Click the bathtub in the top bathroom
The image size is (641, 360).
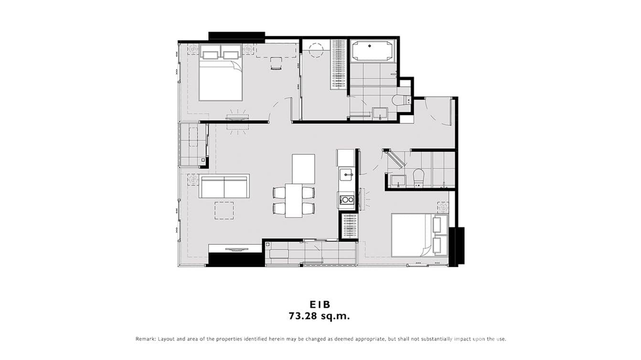(373, 51)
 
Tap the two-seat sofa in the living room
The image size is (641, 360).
(224, 187)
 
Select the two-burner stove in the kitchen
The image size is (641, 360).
(346, 200)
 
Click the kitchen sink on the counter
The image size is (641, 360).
(346, 175)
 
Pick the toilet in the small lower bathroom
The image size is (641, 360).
(418, 177)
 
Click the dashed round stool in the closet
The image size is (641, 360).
(316, 50)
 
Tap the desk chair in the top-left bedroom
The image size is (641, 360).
(276, 64)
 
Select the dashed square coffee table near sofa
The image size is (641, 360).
(224, 211)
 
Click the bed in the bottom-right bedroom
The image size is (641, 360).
(418, 235)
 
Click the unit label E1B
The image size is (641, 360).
(320, 304)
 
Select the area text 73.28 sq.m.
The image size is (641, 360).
(320, 316)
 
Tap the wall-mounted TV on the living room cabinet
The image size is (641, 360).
(237, 249)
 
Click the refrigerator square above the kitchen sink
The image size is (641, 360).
(345, 158)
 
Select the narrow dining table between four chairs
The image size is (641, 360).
(294, 201)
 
